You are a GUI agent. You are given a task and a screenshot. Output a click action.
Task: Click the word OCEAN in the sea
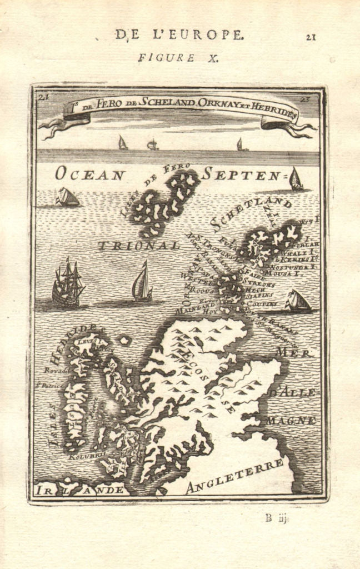coord(89,174)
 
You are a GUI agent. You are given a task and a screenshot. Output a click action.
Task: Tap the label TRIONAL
coord(139,244)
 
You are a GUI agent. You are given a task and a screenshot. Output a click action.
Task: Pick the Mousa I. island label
coord(291,273)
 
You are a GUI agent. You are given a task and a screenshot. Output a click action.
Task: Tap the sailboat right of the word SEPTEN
coord(296,179)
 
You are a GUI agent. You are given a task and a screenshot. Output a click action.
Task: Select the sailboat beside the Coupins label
coord(297,301)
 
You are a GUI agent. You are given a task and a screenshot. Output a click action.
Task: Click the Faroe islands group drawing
coord(164,200)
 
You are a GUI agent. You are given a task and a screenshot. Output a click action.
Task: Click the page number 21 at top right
coord(311,37)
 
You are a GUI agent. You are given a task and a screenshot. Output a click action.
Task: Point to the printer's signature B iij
coord(277,519)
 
